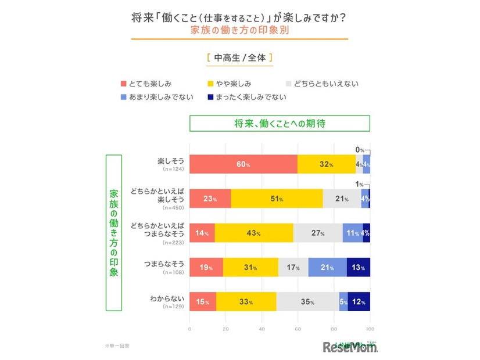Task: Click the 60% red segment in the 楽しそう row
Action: [243, 164]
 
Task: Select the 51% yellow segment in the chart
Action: [277, 199]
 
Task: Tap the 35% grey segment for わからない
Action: [308, 301]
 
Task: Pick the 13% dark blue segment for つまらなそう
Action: [358, 267]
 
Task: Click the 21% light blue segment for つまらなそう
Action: [327, 267]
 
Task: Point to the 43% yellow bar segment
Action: [254, 233]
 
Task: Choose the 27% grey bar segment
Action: [317, 233]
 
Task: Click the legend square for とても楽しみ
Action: [123, 84]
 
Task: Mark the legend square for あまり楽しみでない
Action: [123, 97]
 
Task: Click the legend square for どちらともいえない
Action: [291, 84]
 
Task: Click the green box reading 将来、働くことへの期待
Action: [279, 124]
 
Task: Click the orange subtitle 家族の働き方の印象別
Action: [239, 30]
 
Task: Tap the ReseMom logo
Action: [350, 347]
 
